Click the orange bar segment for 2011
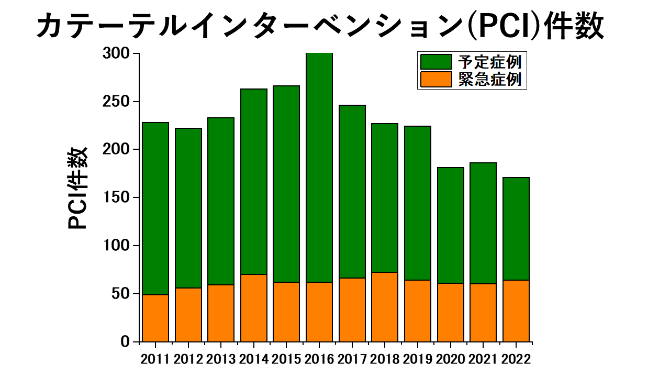tap(155, 318)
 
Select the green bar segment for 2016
tap(319, 168)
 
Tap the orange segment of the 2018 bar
tap(385, 307)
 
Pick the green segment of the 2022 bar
tap(516, 229)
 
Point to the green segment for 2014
tap(254, 182)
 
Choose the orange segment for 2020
tap(451, 313)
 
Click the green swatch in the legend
tap(436, 62)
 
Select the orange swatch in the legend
tap(436, 79)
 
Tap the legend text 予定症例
tap(489, 62)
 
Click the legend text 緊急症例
tap(489, 80)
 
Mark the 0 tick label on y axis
tap(125, 342)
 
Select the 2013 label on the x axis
tap(221, 359)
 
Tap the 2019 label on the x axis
tap(418, 359)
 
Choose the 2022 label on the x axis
tap(516, 359)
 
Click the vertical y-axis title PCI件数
tap(77, 188)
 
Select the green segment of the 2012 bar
tap(188, 208)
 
